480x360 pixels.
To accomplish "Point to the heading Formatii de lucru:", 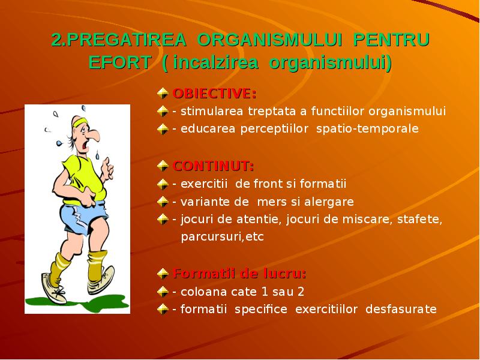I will pos(239,274).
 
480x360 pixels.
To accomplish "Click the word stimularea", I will pos(208,112).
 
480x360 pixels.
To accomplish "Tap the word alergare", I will pos(326,202).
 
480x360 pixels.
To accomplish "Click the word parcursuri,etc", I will pos(223,237).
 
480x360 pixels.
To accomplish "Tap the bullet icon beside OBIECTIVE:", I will pos(163,94).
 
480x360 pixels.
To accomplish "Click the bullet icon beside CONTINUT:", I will pos(163,166).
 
